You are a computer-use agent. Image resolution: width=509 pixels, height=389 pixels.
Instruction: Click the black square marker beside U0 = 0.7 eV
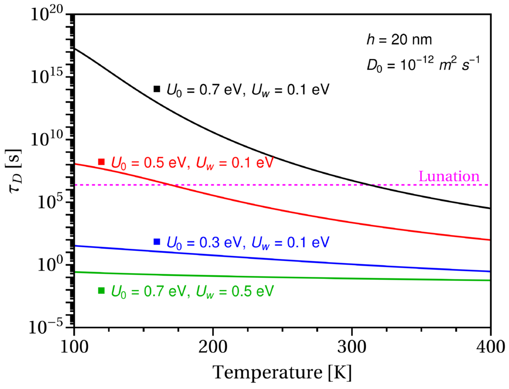[x=157, y=89]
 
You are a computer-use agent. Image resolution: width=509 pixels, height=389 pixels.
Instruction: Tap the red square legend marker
[x=101, y=162]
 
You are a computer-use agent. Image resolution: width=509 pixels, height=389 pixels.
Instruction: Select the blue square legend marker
[x=157, y=242]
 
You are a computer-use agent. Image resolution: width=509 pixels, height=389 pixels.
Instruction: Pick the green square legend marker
[x=101, y=291]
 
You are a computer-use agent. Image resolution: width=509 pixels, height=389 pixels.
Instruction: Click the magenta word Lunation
[x=449, y=176]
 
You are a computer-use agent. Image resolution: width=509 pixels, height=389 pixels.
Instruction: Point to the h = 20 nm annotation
[x=399, y=40]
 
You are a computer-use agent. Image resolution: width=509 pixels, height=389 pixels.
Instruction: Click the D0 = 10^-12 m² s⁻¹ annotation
[x=423, y=64]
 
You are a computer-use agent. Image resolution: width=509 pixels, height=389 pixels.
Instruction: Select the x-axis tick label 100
[x=74, y=347]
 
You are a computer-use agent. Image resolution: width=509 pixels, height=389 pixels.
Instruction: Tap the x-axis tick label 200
[x=213, y=347]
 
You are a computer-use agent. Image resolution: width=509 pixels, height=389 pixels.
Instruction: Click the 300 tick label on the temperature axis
[x=352, y=347]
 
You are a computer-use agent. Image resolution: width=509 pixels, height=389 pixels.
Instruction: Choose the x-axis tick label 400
[x=491, y=347]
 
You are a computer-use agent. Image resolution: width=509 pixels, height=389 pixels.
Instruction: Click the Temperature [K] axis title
[x=282, y=373]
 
